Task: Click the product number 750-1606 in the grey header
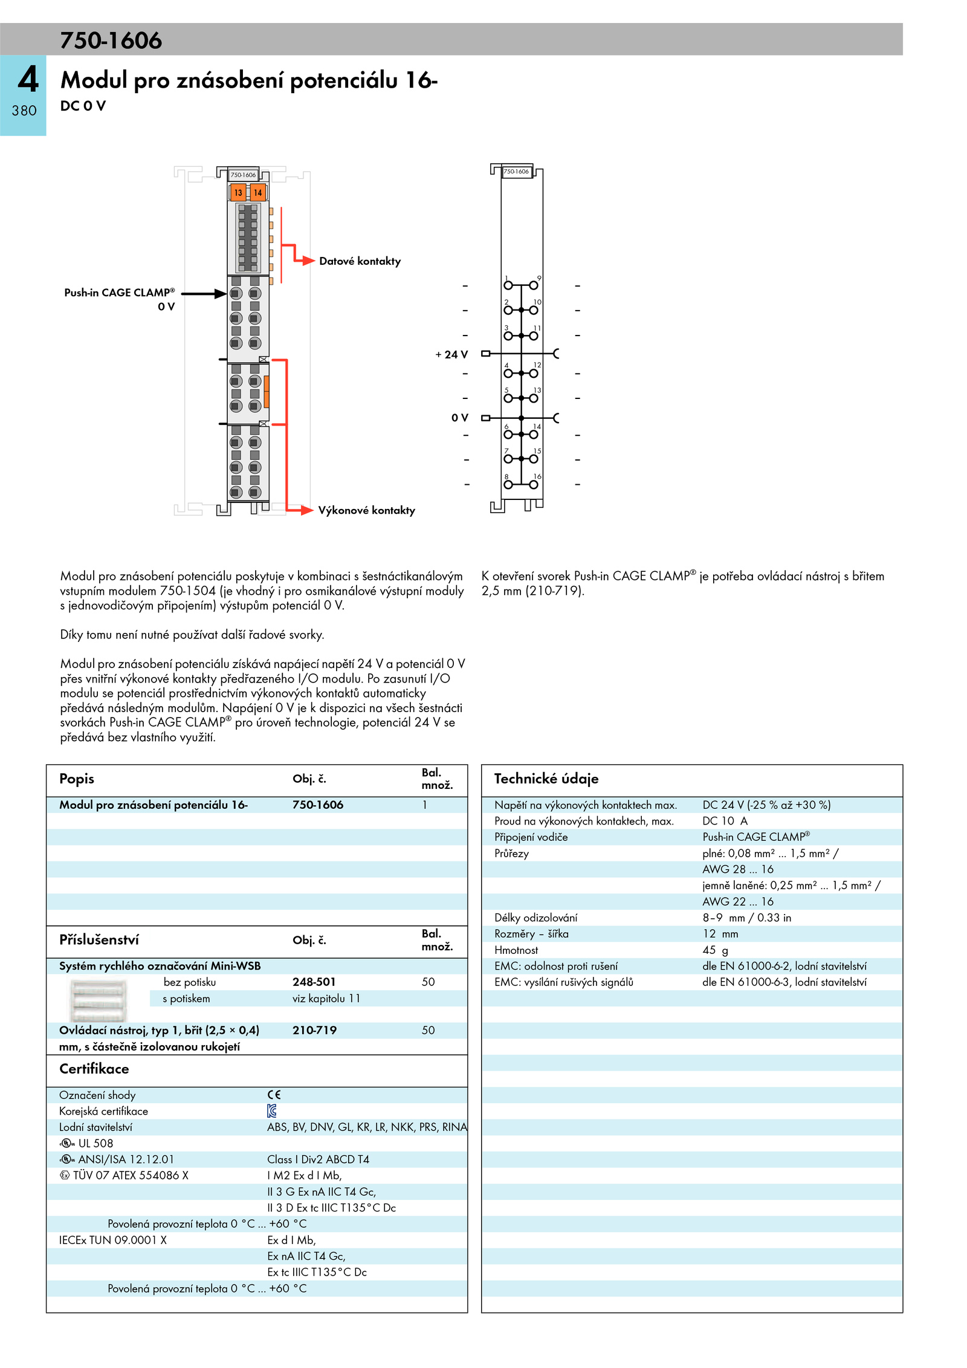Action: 111,41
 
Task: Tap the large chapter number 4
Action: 28,80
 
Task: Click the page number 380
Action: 24,111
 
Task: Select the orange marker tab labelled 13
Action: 238,193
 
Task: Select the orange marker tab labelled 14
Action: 258,193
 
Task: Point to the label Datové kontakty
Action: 360,261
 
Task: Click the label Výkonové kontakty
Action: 366,510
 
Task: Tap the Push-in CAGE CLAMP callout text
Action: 119,293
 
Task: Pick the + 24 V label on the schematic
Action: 451,355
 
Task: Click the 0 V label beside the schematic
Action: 459,418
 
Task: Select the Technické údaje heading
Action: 546,779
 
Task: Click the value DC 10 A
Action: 725,821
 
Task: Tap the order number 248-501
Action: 314,982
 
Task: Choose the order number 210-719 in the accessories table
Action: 314,1030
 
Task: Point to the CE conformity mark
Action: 274,1095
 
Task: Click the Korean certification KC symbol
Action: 272,1110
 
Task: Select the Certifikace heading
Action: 94,1069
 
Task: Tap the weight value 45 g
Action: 715,950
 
